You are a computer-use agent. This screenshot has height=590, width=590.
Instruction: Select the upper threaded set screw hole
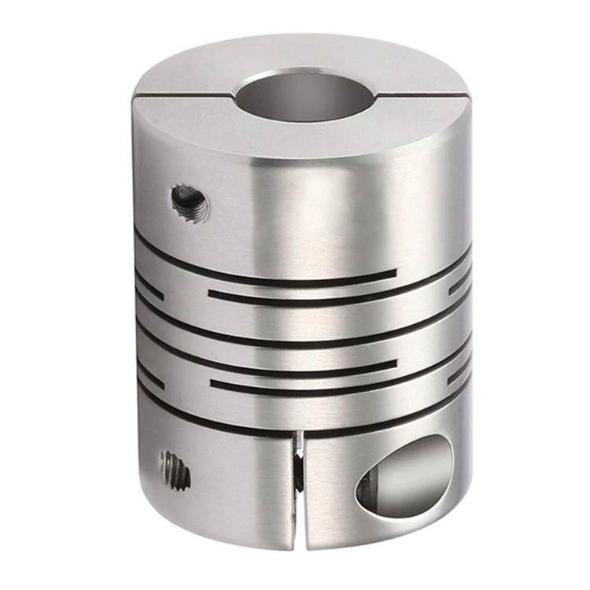click(190, 203)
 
